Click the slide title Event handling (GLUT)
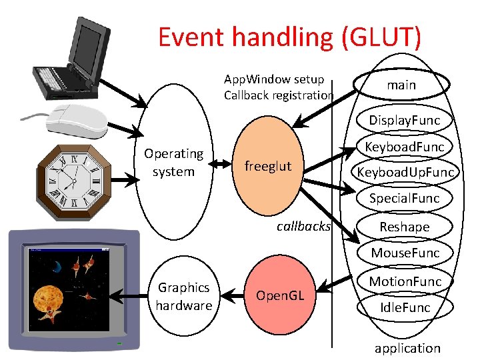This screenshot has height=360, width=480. (x=289, y=37)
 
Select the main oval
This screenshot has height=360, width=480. (x=401, y=85)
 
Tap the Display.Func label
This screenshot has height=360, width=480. (x=405, y=120)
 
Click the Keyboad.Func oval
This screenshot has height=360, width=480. (x=405, y=147)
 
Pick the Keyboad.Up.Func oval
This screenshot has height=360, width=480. (x=405, y=173)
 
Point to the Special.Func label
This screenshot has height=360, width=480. (x=405, y=198)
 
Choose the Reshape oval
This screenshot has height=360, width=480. (x=405, y=227)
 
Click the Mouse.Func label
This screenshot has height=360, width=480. (x=405, y=253)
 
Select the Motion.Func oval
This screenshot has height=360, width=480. (x=405, y=281)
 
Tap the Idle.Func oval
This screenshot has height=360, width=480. (x=405, y=307)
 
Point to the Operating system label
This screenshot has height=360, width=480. (x=173, y=163)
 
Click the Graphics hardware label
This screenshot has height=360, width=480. (x=184, y=296)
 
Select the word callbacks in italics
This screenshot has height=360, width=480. (x=303, y=226)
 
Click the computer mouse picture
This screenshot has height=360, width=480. (x=75, y=122)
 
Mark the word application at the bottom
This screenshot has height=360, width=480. (x=407, y=348)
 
